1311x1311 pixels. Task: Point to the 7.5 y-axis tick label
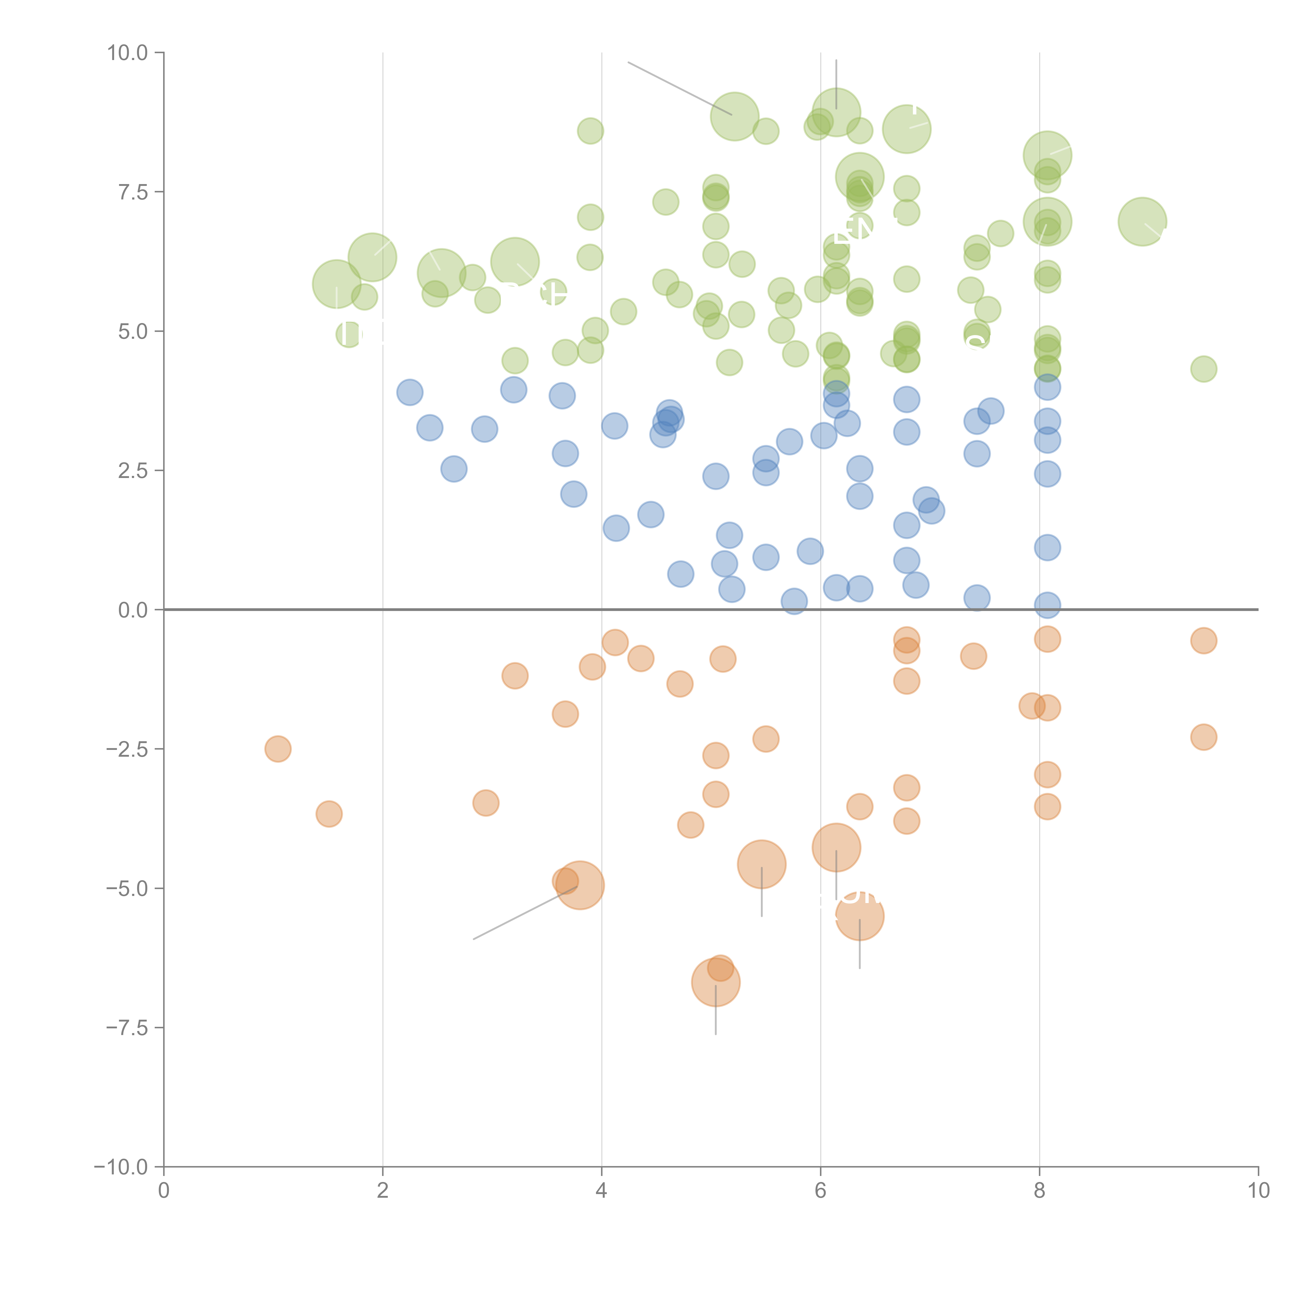tap(132, 192)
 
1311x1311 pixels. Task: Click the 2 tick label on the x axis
tap(383, 1191)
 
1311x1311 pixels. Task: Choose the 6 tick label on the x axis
tap(820, 1191)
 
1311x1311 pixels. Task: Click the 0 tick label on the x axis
tap(164, 1191)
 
